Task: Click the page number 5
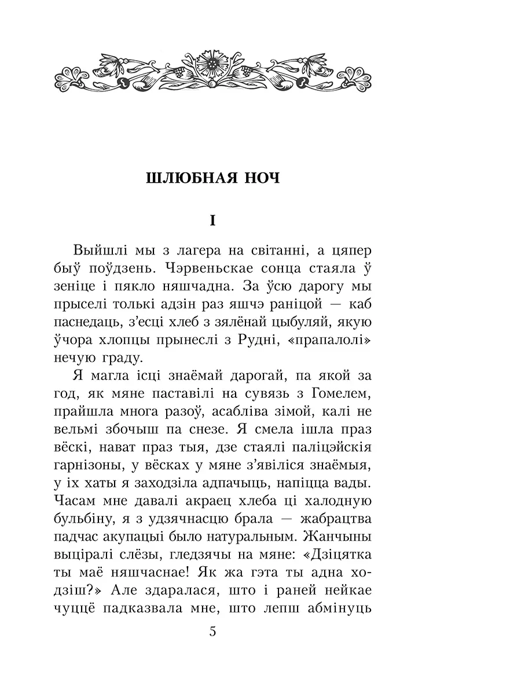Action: pos(212,631)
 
